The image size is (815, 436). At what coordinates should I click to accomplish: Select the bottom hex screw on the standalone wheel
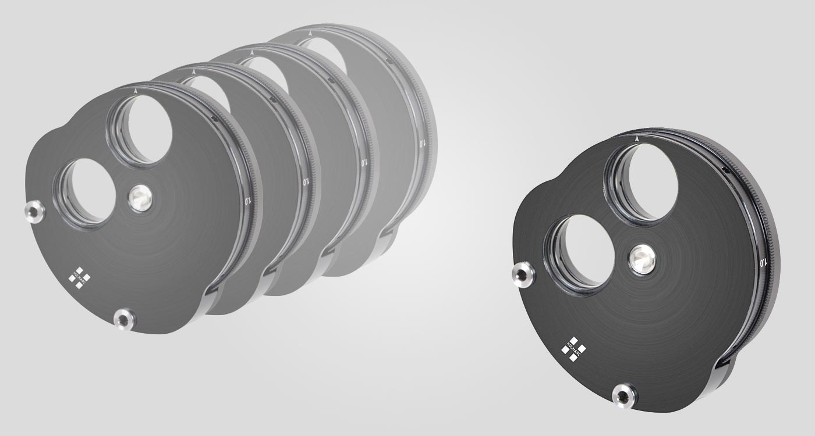[x=625, y=396]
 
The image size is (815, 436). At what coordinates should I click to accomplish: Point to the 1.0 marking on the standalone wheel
[x=763, y=262]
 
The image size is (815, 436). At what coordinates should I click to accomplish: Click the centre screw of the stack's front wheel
[x=140, y=198]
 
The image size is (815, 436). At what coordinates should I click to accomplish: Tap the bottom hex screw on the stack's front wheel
[x=124, y=319]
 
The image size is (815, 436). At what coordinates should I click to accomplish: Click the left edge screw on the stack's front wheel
[x=35, y=212]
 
